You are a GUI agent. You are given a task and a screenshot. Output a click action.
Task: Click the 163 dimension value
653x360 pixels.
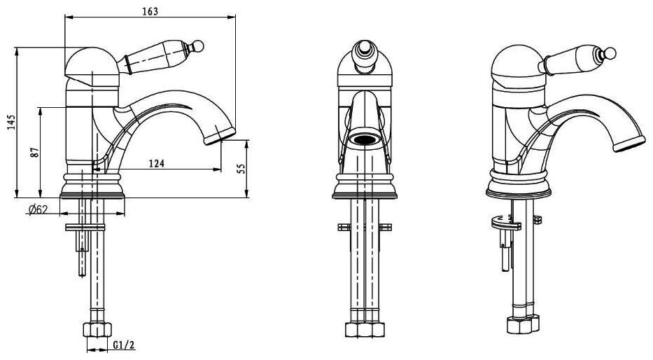coord(150,11)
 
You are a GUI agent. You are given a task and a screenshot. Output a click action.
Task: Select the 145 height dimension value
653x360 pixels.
coord(12,123)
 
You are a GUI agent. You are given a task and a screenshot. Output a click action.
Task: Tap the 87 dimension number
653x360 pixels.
coord(36,152)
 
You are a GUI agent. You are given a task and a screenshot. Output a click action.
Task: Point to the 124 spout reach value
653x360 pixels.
coord(157,163)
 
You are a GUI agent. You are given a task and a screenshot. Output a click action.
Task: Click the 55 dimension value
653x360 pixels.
coord(241,168)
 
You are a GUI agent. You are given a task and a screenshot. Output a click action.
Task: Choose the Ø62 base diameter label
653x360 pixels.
coord(38,209)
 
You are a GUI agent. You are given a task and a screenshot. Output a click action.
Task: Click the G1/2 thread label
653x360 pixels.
coord(124,345)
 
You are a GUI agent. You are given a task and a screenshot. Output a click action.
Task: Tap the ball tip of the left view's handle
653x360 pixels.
coord(199,46)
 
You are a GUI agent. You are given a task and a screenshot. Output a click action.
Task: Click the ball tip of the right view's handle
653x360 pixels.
coord(610,53)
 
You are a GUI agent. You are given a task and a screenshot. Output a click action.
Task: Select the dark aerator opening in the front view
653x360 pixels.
coord(365,139)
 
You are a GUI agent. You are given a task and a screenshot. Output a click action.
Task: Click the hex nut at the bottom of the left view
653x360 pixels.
coord(97,330)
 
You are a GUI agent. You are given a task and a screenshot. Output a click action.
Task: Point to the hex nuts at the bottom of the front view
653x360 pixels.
coord(365,329)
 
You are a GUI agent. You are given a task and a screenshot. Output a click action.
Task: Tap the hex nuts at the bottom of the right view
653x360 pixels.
coord(523,324)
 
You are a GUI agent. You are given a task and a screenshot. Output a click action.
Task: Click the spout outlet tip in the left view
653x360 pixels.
coord(220,137)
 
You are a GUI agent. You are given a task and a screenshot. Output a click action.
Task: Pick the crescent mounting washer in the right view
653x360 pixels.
coord(505,223)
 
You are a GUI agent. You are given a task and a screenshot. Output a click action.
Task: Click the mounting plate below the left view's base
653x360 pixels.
coord(85,227)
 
